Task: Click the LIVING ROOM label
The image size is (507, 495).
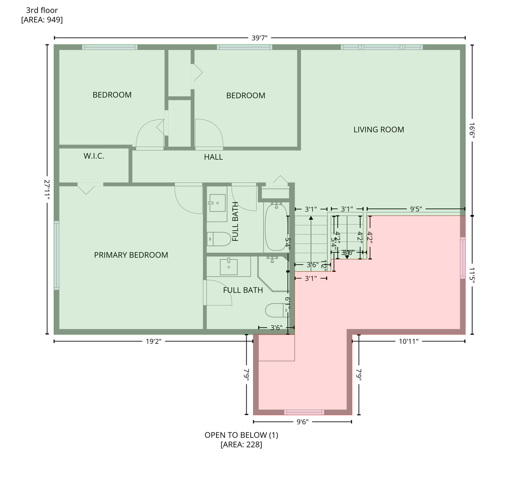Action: tap(378, 130)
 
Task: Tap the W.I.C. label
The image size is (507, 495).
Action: tap(94, 156)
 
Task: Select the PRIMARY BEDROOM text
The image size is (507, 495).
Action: tap(131, 255)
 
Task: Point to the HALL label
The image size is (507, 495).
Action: tap(213, 157)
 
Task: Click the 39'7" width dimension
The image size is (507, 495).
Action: tap(260, 38)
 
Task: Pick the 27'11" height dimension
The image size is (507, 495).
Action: tap(47, 189)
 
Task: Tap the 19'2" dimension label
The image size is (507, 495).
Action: tap(153, 341)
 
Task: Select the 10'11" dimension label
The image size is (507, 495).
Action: tap(409, 341)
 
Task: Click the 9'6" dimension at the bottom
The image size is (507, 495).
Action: tap(302, 422)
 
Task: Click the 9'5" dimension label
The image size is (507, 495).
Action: tap(416, 209)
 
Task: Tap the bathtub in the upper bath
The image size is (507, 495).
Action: tap(276, 228)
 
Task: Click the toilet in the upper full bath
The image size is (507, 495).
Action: tap(218, 239)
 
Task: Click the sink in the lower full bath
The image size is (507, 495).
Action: tap(229, 266)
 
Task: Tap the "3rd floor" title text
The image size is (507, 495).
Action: tap(42, 10)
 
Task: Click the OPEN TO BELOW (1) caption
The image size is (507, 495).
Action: tap(241, 435)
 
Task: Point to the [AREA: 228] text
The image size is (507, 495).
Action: tap(241, 445)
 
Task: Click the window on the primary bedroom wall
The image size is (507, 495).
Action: tap(57, 255)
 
